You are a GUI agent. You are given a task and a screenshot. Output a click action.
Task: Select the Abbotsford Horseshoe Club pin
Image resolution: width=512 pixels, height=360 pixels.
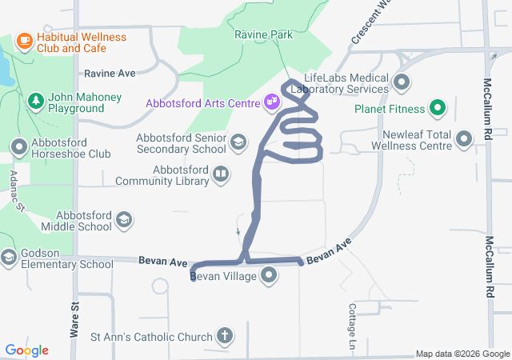point(18,146)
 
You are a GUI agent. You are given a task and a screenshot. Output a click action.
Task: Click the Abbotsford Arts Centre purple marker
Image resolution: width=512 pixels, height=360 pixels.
point(272,102)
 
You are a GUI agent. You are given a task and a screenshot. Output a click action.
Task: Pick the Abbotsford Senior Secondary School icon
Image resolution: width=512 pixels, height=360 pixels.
point(238,142)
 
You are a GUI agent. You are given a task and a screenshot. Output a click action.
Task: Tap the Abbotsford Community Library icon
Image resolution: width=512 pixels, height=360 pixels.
point(221,174)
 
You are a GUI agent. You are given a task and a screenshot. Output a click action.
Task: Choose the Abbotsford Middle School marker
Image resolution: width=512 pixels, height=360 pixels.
point(123,220)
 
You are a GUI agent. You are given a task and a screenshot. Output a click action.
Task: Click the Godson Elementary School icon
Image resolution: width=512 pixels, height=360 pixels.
point(9,257)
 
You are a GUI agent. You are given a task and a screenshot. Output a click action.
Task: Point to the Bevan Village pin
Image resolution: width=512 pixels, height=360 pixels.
point(270,276)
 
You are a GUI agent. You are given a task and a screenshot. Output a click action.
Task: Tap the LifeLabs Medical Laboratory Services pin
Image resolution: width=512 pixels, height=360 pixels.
point(402,82)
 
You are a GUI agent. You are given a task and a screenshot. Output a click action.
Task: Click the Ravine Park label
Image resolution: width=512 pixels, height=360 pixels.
point(263,35)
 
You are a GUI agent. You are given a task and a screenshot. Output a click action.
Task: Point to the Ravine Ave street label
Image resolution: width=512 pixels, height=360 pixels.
point(110,73)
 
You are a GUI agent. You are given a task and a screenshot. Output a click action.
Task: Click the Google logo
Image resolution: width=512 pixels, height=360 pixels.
point(27,350)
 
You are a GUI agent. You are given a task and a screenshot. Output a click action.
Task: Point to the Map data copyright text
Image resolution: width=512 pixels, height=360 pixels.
point(462,354)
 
